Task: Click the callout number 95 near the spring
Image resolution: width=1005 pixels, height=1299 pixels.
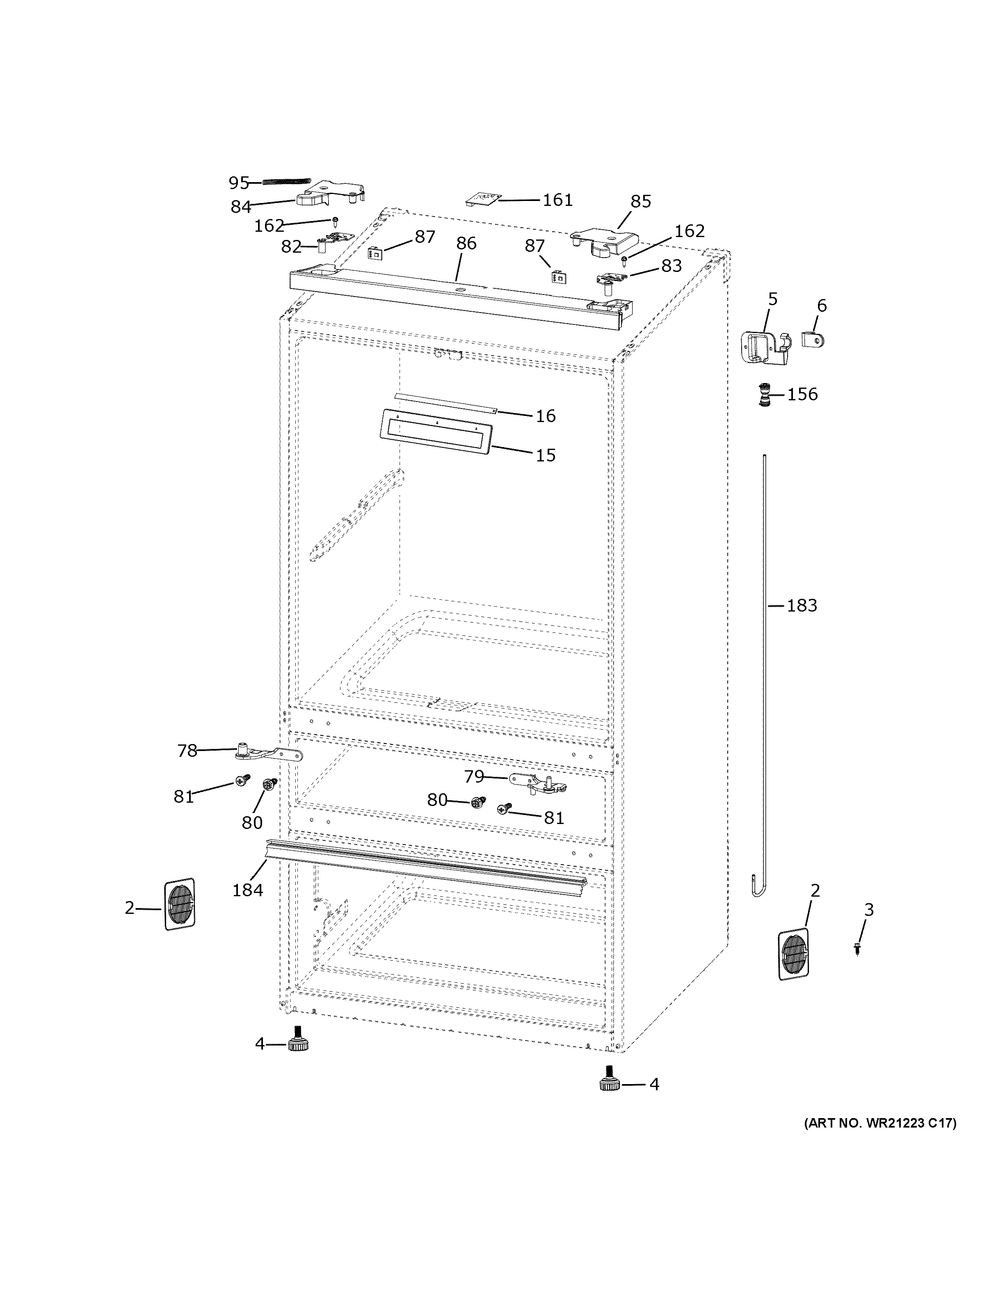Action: (x=238, y=183)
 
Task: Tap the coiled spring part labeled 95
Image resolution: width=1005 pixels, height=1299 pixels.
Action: (x=287, y=182)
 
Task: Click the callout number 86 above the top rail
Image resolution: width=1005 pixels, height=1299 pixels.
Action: (x=466, y=243)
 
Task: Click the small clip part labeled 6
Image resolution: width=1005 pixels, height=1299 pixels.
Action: (x=813, y=341)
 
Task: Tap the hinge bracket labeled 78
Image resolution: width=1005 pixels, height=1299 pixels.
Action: (x=267, y=753)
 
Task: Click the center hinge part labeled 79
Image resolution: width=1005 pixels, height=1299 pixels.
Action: (x=538, y=784)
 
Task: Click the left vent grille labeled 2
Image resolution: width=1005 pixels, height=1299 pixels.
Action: (x=179, y=904)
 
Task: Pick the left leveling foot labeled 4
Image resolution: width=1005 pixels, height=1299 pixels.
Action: (x=296, y=1044)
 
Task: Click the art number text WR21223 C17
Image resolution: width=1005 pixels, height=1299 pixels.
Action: (x=880, y=1123)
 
